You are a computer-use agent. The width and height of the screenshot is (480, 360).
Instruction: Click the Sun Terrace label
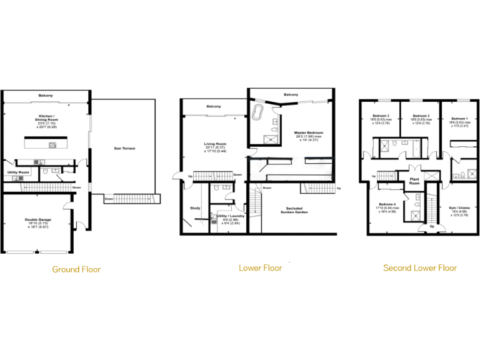click(x=125, y=148)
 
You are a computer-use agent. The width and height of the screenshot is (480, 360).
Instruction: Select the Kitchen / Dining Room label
click(x=46, y=117)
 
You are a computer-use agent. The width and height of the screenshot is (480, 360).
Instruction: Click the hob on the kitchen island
click(x=53, y=145)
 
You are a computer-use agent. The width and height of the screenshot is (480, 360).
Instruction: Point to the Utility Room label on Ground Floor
click(x=18, y=172)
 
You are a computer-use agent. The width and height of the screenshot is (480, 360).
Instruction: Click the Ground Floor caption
click(x=76, y=269)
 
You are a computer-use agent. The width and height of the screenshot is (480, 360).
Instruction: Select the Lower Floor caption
click(x=260, y=268)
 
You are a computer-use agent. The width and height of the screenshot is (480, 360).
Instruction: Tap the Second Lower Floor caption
click(x=419, y=268)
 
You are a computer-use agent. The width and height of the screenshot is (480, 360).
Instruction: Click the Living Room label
click(x=215, y=144)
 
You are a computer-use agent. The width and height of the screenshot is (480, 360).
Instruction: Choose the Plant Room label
click(x=414, y=181)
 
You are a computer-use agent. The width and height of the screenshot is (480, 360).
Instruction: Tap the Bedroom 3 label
click(x=381, y=116)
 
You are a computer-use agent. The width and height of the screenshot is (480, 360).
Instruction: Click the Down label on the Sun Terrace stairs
click(x=109, y=199)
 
